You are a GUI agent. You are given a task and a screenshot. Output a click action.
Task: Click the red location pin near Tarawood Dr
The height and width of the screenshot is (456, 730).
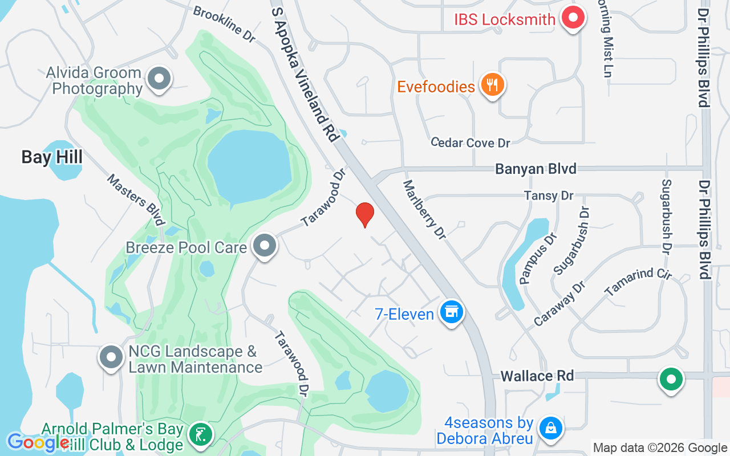(365, 215)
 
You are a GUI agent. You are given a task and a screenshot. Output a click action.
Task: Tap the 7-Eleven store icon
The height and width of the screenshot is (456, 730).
(452, 312)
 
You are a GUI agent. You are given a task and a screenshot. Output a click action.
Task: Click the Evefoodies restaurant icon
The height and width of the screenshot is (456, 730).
(492, 85)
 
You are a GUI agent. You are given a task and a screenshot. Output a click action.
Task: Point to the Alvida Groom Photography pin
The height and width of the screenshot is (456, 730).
(160, 79)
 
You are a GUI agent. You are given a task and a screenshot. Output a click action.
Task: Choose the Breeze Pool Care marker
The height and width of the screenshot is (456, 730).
(264, 246)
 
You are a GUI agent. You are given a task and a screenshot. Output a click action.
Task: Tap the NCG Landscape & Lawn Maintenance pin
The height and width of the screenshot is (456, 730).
(111, 358)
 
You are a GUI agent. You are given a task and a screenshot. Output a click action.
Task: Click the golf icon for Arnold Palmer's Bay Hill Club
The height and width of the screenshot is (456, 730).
(200, 435)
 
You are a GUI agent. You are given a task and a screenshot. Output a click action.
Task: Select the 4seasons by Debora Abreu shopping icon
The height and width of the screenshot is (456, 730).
(551, 429)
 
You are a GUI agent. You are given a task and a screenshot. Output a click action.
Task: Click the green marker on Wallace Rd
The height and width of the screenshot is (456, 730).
(671, 379)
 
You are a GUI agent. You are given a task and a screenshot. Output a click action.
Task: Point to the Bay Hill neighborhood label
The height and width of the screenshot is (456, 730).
(52, 157)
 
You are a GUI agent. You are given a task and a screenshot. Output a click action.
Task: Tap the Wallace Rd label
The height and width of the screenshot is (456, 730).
(537, 376)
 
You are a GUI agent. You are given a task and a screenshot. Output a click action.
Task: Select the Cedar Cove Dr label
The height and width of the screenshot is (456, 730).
(471, 142)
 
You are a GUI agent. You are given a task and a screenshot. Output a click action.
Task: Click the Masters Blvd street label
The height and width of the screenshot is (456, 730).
(136, 199)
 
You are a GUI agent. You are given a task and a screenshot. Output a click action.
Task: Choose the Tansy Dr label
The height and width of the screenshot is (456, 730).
(549, 196)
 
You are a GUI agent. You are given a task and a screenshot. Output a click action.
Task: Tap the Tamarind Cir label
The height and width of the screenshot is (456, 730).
(639, 282)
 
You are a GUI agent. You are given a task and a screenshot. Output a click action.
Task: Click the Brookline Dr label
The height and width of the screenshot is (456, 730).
(224, 24)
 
